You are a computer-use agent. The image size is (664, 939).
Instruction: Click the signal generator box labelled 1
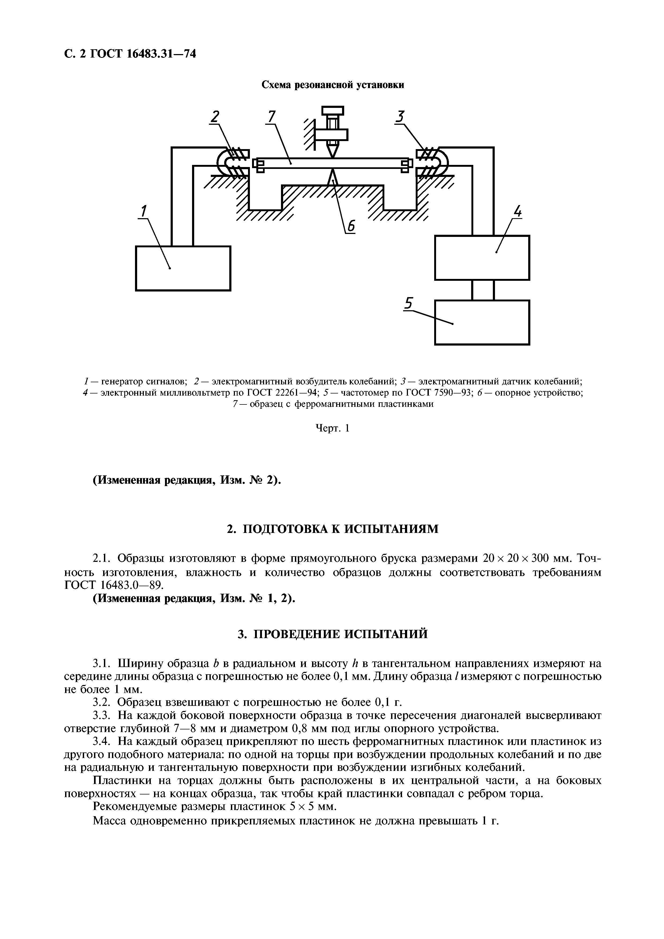pyautogui.click(x=183, y=268)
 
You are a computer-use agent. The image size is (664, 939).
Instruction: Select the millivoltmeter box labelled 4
pyautogui.click(x=482, y=258)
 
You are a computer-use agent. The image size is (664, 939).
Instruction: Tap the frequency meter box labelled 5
pyautogui.click(x=482, y=323)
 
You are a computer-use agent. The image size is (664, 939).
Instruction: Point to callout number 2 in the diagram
pyautogui.click(x=215, y=117)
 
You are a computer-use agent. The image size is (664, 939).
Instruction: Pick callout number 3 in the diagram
pyautogui.click(x=400, y=117)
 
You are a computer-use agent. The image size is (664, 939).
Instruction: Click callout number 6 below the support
pyautogui.click(x=351, y=227)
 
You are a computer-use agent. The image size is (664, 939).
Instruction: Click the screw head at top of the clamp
pyautogui.click(x=333, y=111)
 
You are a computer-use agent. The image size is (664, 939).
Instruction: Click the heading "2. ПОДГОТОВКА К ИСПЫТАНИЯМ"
pyautogui.click(x=333, y=529)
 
